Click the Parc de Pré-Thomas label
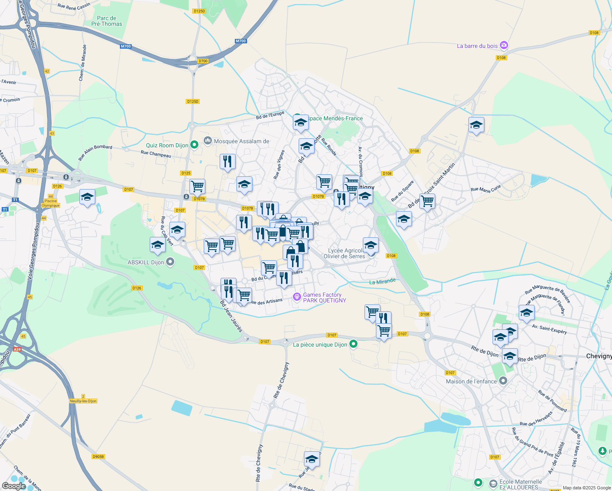pos(106,21)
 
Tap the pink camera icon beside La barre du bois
pos(504,45)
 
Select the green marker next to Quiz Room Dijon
pos(194,144)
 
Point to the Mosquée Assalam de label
pos(241,141)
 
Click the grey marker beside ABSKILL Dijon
pos(171,261)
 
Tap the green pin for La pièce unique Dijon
pos(354,344)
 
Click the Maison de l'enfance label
pos(471,381)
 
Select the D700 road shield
pos(203,61)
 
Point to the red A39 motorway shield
pos(17,349)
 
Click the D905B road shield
pos(98,457)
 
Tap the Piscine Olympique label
pos(51,203)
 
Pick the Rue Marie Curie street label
pos(486,189)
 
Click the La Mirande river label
pos(382,282)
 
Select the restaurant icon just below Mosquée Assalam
pos(227,162)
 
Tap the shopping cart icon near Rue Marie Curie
pos(427,201)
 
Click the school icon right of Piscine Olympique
pos(87,197)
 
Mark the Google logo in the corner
pos(14,486)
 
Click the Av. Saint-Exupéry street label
pos(549,329)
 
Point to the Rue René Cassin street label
pos(74,6)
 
